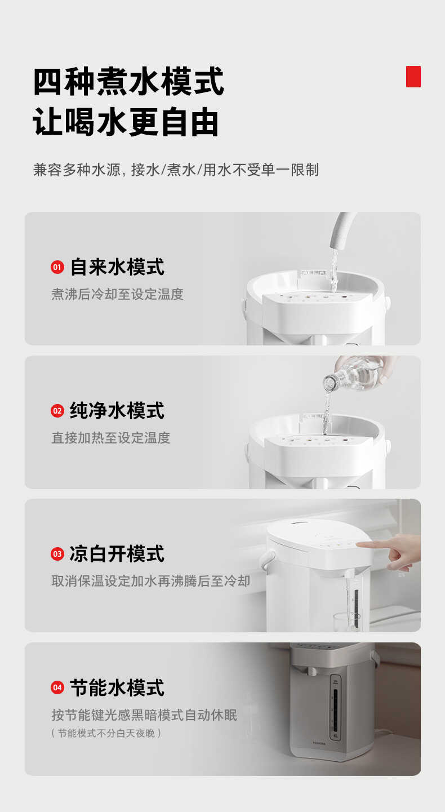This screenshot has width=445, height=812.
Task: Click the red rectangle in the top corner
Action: click(413, 77)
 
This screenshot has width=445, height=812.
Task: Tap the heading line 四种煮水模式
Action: click(128, 82)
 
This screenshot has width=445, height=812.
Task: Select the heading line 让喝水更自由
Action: click(126, 123)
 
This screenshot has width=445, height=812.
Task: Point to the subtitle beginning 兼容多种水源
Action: click(176, 170)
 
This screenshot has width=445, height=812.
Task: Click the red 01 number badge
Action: click(57, 267)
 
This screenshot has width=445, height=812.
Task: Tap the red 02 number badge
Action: click(57, 411)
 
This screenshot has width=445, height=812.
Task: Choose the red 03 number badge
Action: click(57, 554)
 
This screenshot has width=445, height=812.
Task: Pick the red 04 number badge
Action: click(57, 687)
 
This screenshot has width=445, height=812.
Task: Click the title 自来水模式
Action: click(117, 267)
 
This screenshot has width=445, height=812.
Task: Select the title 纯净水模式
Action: click(117, 411)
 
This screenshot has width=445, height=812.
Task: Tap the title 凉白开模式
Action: click(117, 554)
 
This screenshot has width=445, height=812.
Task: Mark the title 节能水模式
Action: click(117, 687)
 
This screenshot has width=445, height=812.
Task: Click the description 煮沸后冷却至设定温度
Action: click(117, 294)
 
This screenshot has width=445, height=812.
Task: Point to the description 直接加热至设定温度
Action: click(110, 438)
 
